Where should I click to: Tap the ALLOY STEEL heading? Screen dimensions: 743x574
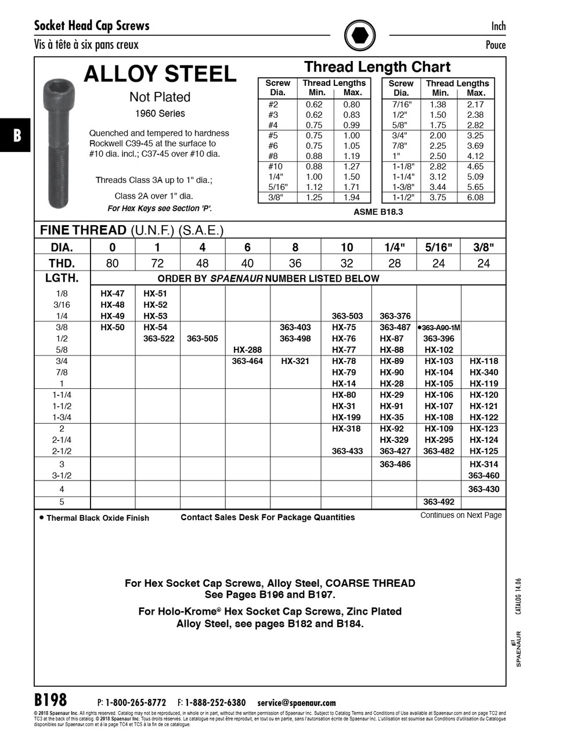pos(160,74)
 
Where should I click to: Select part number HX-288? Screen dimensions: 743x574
pos(247,350)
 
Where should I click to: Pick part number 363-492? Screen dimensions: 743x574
pos(439,502)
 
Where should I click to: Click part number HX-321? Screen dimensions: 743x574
pos(295,361)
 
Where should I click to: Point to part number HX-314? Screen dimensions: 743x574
pos(483,464)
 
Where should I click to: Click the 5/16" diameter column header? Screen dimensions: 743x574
pos(439,247)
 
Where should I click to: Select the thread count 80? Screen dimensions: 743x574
pos(113,264)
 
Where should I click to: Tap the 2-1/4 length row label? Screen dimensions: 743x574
pos(62,440)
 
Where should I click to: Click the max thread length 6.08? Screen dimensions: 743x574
pos(475,197)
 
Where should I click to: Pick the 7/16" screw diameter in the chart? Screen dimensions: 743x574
pos(402,104)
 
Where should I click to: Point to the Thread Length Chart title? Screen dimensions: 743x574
pos(377,67)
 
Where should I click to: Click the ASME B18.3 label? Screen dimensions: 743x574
pos(378,212)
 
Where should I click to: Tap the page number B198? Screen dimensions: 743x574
pos(50,699)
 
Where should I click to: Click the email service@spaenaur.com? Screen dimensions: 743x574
pos(297,703)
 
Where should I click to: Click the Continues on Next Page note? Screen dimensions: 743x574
pos(461,515)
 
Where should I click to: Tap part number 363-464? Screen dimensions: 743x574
pos(247,361)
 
